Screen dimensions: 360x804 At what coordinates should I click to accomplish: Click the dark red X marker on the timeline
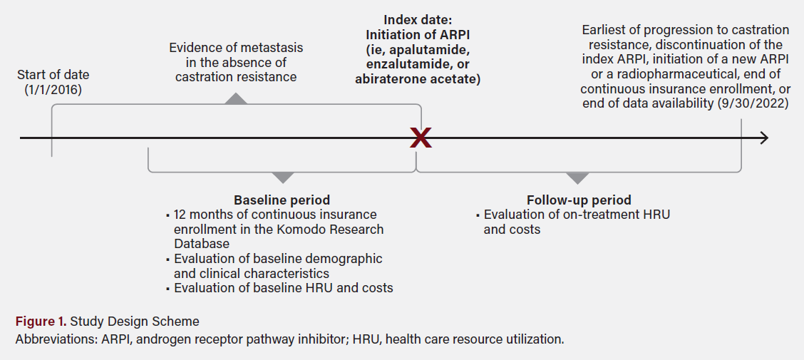(421, 138)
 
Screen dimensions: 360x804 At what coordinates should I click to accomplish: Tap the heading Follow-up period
(578, 200)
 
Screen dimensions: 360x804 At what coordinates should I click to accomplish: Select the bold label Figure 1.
(40, 321)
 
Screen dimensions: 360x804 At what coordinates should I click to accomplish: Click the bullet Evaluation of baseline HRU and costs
(283, 288)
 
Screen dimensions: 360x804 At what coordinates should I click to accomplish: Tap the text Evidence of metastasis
(235, 48)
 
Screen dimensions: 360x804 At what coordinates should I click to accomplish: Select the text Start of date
(53, 74)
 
